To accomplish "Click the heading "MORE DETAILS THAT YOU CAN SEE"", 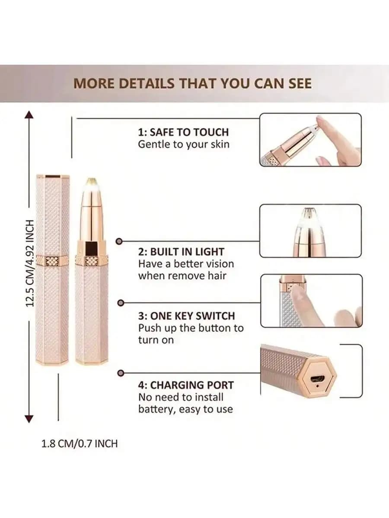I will tap(192, 83).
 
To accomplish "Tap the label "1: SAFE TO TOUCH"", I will tap(183, 132).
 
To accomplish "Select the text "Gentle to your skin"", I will tap(183, 144).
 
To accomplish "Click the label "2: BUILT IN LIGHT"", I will tap(181, 252).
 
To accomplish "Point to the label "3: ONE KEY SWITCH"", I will tap(186, 316).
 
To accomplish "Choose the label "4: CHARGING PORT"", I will tap(186, 385).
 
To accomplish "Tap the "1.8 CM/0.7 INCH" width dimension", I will tap(79, 443).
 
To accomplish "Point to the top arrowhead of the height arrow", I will tap(29, 115).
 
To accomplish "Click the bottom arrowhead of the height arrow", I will tap(29, 418).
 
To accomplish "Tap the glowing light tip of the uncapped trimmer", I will tap(91, 183).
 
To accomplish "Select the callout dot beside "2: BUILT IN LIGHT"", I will tap(121, 242).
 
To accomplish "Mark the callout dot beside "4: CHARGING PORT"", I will tap(121, 372).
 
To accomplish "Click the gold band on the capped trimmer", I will tap(52, 261).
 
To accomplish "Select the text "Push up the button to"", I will tap(191, 328).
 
